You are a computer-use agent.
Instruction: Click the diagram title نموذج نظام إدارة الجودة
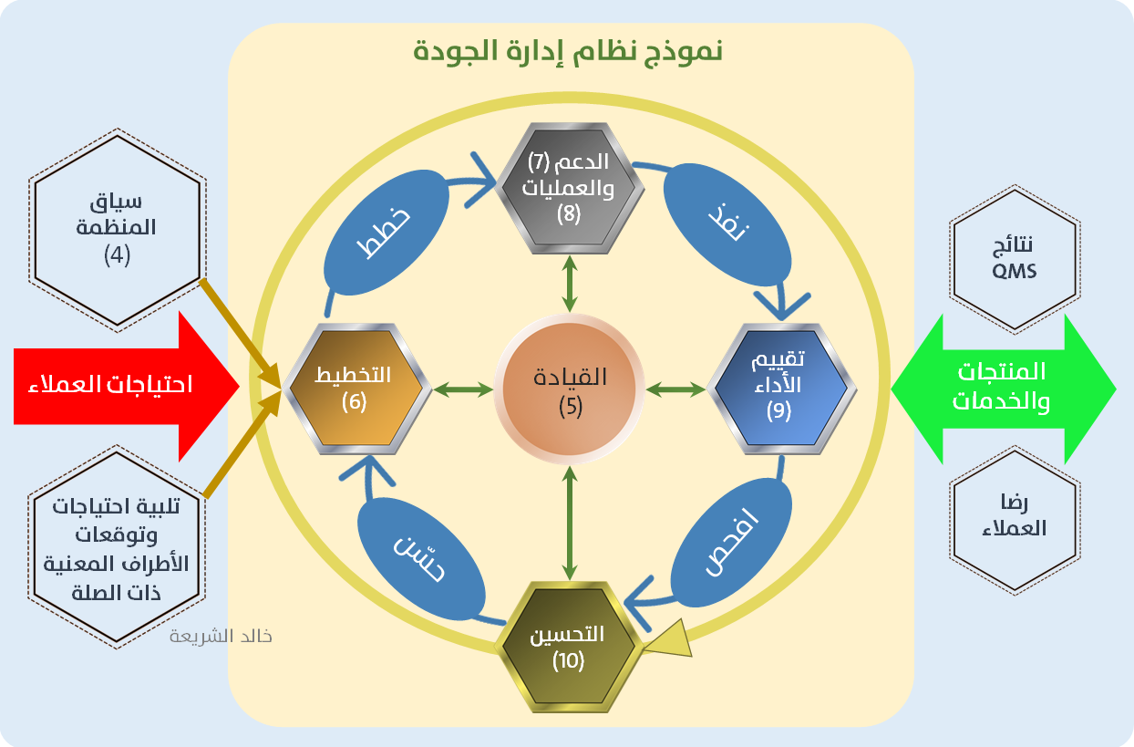[x=569, y=50]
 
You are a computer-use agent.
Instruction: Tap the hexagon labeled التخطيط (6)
[x=354, y=388]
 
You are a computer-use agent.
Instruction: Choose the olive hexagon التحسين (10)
[x=569, y=645]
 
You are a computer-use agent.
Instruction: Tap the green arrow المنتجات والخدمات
[x=1003, y=387]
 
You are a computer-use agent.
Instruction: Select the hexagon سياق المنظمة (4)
[x=116, y=230]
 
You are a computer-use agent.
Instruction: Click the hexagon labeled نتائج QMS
[x=1014, y=259]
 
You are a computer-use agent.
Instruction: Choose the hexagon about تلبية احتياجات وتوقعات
[x=116, y=547]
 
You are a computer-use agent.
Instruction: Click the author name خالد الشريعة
[x=221, y=636]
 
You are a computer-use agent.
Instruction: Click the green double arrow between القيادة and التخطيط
[x=462, y=390]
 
